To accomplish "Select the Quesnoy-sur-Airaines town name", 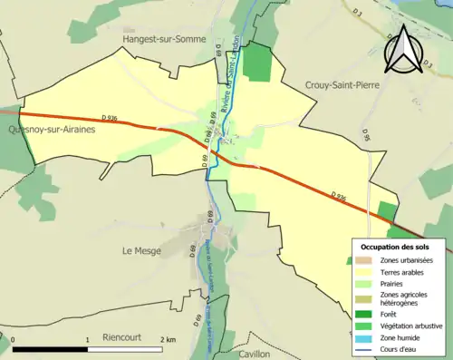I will [52, 130].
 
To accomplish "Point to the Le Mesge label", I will [141, 250].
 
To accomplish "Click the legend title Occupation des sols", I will [395, 247].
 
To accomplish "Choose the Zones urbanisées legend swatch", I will [361, 261].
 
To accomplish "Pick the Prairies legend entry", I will [389, 282].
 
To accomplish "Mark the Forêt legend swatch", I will [361, 313].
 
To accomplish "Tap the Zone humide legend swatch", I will [361, 336].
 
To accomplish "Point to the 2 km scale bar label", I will [167, 339].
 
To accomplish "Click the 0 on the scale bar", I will [13, 339].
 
